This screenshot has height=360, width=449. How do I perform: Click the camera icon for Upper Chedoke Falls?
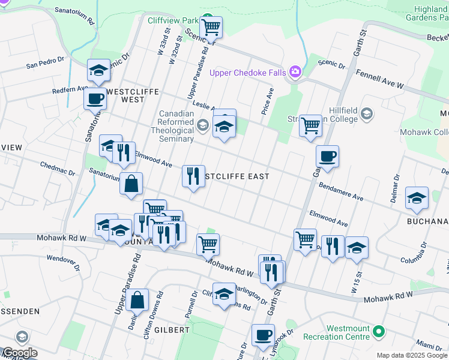tap(295, 73)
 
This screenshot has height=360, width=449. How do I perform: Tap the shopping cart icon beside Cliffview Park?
tap(211, 26)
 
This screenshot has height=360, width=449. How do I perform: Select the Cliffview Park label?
tap(173, 20)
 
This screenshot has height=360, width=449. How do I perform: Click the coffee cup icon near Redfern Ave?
tap(95, 98)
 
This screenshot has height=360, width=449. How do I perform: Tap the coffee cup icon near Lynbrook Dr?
tap(262, 335)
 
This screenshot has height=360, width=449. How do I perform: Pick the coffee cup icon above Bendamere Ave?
tap(328, 157)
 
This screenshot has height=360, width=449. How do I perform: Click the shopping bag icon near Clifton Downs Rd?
tap(137, 299)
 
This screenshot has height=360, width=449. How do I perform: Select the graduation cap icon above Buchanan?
tap(417, 197)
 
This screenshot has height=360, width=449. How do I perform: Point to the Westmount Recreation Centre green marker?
tap(378, 331)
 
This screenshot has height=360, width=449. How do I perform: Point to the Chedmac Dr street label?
tap(57, 168)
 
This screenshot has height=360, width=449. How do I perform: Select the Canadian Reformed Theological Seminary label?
tap(176, 126)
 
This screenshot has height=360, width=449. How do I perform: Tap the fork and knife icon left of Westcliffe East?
tap(193, 176)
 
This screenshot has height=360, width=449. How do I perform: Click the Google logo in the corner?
tap(19, 353)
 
